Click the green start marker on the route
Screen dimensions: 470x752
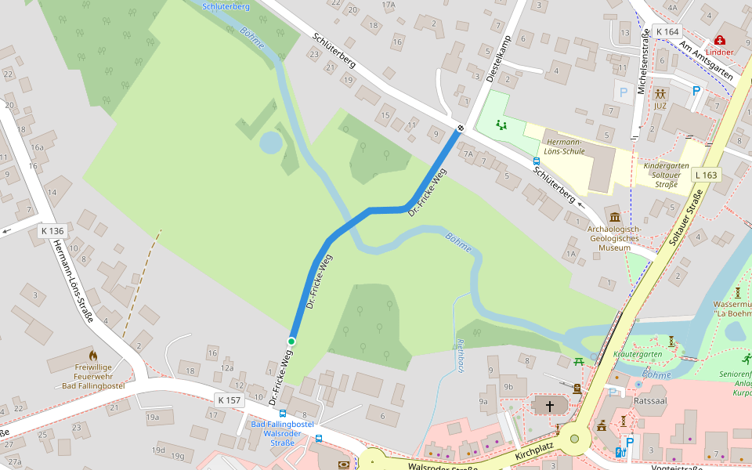click(x=291, y=342)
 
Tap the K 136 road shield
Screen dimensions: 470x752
click(x=52, y=231)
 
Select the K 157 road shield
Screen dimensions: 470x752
click(x=230, y=400)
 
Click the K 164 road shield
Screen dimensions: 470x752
click(x=667, y=31)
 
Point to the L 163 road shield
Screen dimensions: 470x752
click(x=706, y=175)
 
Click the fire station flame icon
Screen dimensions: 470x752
click(x=93, y=356)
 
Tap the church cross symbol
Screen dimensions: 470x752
click(x=550, y=406)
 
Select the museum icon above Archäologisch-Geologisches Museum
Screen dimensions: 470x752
click(x=614, y=217)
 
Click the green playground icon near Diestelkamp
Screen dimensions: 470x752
click(x=501, y=124)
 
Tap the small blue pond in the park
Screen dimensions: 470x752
click(x=270, y=143)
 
